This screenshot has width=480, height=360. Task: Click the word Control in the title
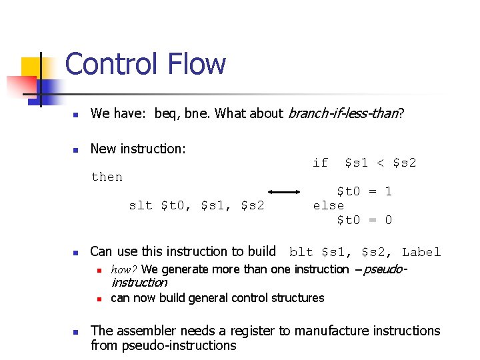tap(111, 65)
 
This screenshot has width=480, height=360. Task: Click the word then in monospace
tap(107, 177)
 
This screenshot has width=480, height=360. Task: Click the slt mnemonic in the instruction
tap(140, 205)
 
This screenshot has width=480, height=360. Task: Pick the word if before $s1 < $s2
tap(321, 163)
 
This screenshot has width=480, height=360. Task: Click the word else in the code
tap(329, 205)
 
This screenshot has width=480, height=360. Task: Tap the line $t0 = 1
tap(364, 191)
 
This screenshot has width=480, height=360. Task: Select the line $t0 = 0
tap(364, 220)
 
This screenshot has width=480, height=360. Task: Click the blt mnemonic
tap(301, 252)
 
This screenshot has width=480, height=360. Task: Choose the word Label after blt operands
tap(421, 252)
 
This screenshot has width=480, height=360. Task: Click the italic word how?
tap(125, 270)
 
